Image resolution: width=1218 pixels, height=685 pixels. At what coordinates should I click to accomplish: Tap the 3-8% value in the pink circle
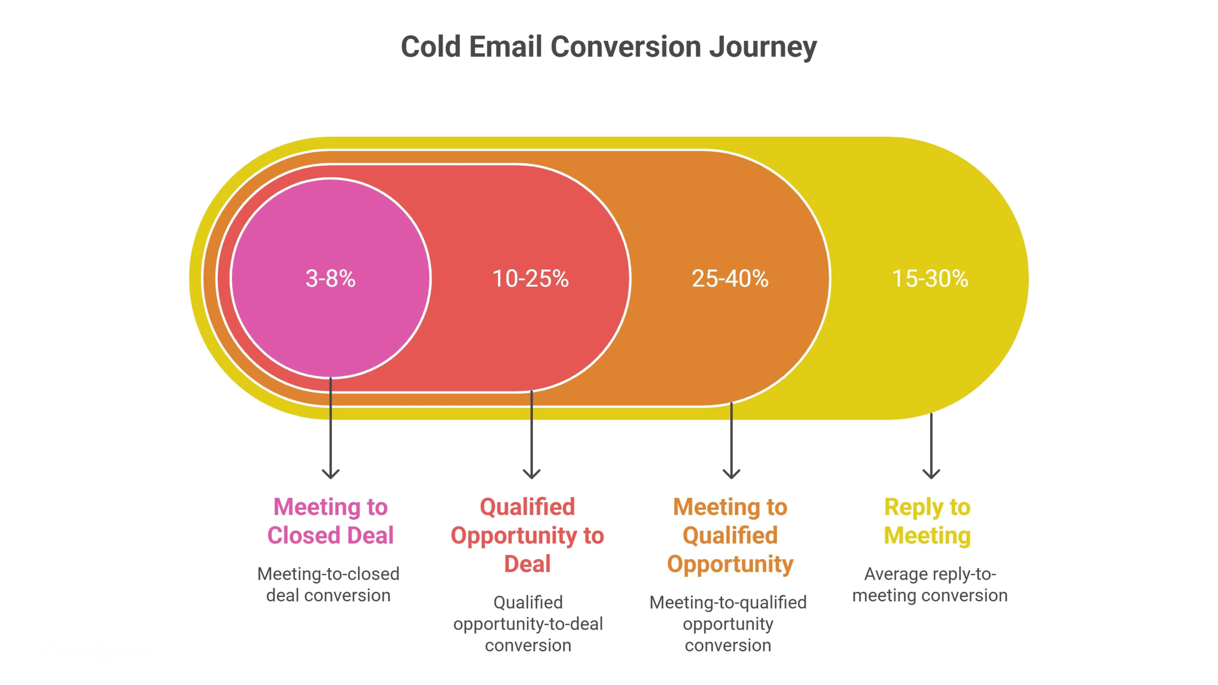pyautogui.click(x=331, y=278)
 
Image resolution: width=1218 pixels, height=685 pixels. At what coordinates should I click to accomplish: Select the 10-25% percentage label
pyautogui.click(x=531, y=278)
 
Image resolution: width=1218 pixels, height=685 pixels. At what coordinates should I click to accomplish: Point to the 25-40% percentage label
pyautogui.click(x=730, y=278)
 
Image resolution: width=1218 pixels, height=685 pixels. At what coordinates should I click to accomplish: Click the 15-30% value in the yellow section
pyautogui.click(x=930, y=278)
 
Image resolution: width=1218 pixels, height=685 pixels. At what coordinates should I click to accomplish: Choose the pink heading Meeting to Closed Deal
pyautogui.click(x=331, y=521)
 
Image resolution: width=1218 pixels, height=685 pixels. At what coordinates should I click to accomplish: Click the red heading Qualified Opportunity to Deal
pyautogui.click(x=528, y=535)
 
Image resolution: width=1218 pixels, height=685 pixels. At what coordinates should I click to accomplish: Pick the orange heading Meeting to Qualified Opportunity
pyautogui.click(x=730, y=535)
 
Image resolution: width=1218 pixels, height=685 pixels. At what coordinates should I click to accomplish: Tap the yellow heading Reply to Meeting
pyautogui.click(x=928, y=521)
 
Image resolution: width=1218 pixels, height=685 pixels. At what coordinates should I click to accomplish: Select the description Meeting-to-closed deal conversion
pyautogui.click(x=329, y=584)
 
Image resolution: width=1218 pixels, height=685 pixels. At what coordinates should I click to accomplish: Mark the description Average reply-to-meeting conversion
pyautogui.click(x=930, y=584)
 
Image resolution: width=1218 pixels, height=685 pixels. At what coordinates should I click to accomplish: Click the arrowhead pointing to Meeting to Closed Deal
pyautogui.click(x=331, y=474)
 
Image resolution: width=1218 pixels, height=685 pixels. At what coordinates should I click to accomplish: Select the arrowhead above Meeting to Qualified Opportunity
pyautogui.click(x=731, y=474)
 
